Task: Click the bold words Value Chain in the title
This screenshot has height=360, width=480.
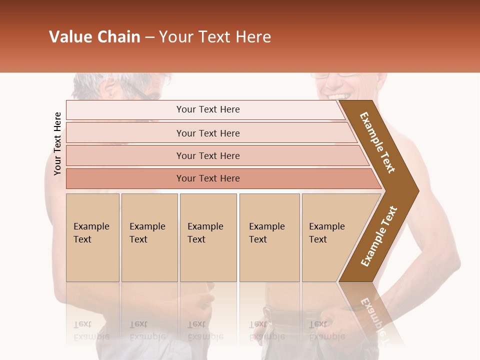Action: click(94, 37)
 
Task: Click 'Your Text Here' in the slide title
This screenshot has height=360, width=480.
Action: click(215, 37)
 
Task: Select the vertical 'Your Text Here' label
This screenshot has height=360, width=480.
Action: click(57, 143)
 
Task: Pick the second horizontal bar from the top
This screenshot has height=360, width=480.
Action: click(208, 133)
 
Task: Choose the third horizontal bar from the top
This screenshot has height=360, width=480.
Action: click(208, 155)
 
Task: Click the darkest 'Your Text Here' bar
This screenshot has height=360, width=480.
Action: click(208, 178)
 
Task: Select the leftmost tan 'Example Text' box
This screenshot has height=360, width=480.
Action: click(92, 237)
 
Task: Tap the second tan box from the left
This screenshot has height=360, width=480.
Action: click(149, 237)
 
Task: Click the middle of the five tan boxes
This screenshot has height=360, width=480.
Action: click(208, 237)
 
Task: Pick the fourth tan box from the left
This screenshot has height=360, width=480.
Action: click(269, 237)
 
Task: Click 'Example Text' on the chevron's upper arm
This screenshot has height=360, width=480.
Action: click(377, 142)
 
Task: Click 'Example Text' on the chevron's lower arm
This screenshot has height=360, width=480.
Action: click(379, 236)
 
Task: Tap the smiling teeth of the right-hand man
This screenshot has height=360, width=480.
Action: click(336, 95)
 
